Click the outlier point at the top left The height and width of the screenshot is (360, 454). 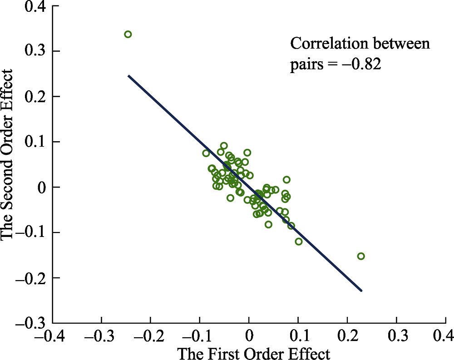128,34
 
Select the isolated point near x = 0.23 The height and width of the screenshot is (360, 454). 361,256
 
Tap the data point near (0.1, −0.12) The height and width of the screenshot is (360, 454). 299,242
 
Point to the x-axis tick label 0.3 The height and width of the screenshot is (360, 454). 396,335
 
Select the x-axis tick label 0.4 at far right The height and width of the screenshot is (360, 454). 443,335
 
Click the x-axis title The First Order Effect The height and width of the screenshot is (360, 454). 253,353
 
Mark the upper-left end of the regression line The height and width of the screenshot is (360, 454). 129,76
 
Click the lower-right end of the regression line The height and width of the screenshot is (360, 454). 361,291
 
